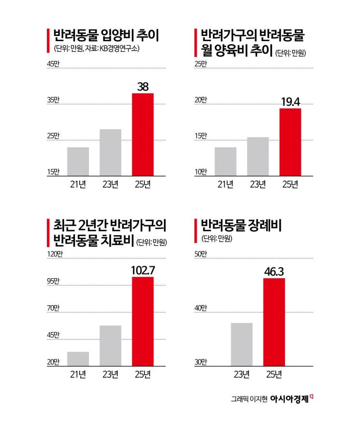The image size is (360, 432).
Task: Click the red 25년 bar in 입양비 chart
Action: coord(143,134)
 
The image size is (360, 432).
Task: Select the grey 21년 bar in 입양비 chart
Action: coord(78,161)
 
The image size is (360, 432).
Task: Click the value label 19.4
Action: coord(290,102)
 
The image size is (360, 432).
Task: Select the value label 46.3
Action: coord(274,271)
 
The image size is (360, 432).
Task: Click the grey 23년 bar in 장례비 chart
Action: coord(242,344)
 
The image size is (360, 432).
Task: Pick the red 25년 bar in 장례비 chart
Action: coord(274,322)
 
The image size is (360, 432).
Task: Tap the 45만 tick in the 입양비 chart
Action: coord(53,64)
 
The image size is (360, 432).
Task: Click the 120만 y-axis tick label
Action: coord(54,253)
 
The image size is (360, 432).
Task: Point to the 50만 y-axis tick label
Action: coord(200,253)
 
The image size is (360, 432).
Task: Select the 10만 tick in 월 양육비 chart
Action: coord(200,172)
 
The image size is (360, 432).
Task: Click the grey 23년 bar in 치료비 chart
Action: coord(110,345)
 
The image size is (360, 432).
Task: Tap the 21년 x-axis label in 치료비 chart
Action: coord(78,374)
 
